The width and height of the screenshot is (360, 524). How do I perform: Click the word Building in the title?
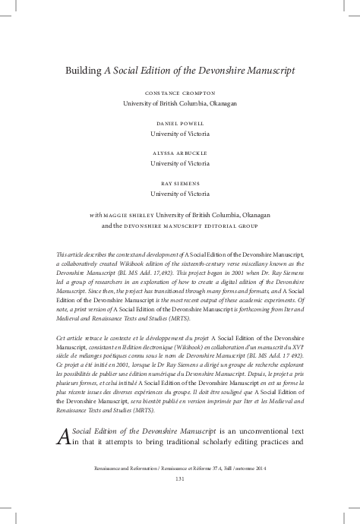[x=84, y=71]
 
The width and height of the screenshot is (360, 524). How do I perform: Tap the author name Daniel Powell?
[x=180, y=122]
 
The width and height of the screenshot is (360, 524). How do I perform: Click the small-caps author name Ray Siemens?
[x=180, y=182]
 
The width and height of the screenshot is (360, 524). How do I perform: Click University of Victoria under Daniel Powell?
[x=180, y=133]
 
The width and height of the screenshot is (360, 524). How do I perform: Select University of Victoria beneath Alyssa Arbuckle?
[x=180, y=163]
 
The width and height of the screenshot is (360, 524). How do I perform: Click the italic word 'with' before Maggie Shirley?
[x=95, y=215]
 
